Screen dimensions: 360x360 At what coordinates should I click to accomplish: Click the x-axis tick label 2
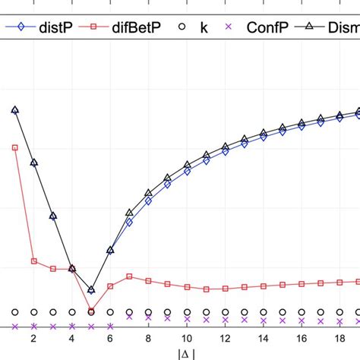(x=33, y=339)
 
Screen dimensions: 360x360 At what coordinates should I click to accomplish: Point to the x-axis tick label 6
(x=110, y=339)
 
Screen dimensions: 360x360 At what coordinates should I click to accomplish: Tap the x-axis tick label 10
(x=186, y=339)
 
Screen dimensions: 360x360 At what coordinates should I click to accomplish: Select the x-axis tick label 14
(x=263, y=339)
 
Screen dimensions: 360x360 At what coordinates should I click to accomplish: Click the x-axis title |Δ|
(x=186, y=353)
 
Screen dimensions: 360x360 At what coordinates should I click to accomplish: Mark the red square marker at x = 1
(x=14, y=147)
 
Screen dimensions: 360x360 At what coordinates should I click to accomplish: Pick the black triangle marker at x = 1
(x=14, y=110)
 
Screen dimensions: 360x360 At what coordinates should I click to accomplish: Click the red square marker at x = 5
(x=91, y=311)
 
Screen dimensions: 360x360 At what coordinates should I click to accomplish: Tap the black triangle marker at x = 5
(x=91, y=289)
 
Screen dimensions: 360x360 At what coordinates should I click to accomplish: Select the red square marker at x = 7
(x=129, y=276)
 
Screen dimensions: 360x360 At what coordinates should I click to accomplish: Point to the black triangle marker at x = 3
(x=53, y=216)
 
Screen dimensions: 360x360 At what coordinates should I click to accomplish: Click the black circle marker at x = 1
(x=14, y=312)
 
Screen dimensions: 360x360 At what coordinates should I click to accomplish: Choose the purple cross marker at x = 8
(x=148, y=317)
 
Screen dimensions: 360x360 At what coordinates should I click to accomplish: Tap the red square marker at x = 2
(x=33, y=261)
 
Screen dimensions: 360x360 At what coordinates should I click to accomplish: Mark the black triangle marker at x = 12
(x=225, y=147)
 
